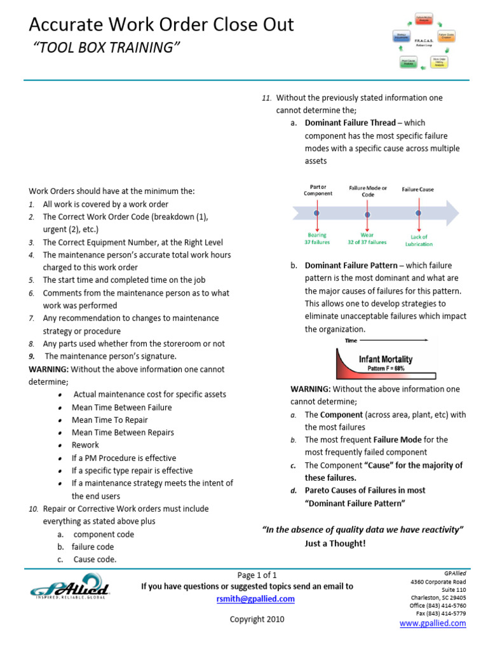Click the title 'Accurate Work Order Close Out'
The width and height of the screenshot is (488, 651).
(x=162, y=25)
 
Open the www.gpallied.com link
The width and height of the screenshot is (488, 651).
(x=432, y=624)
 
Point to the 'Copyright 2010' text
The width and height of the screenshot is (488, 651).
(x=257, y=619)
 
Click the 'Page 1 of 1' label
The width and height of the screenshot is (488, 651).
(x=257, y=574)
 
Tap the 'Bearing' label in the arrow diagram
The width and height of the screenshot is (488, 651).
(x=317, y=235)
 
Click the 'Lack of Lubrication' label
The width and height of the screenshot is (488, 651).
(x=418, y=240)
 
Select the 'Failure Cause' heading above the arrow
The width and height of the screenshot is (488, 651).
(x=417, y=189)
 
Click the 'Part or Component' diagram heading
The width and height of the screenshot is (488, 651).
(x=318, y=190)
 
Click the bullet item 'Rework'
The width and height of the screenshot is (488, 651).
(x=86, y=445)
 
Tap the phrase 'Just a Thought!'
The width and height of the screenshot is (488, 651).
(x=335, y=544)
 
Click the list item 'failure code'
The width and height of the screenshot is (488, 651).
(x=93, y=547)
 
